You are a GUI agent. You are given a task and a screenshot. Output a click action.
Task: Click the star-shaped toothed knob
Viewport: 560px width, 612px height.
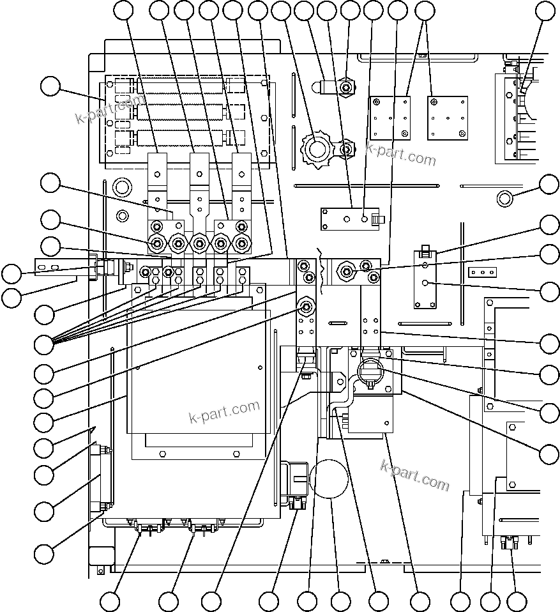pyautogui.click(x=315, y=150)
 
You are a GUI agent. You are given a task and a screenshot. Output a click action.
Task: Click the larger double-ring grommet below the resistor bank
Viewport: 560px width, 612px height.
pyautogui.click(x=121, y=187)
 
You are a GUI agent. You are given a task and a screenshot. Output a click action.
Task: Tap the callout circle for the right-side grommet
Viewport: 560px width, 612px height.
pyautogui.click(x=549, y=184)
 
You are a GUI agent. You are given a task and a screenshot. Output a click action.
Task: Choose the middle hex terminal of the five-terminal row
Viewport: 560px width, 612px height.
pyautogui.click(x=200, y=243)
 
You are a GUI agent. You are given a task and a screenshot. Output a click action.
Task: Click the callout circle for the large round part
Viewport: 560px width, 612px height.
pyautogui.click(x=341, y=601)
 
